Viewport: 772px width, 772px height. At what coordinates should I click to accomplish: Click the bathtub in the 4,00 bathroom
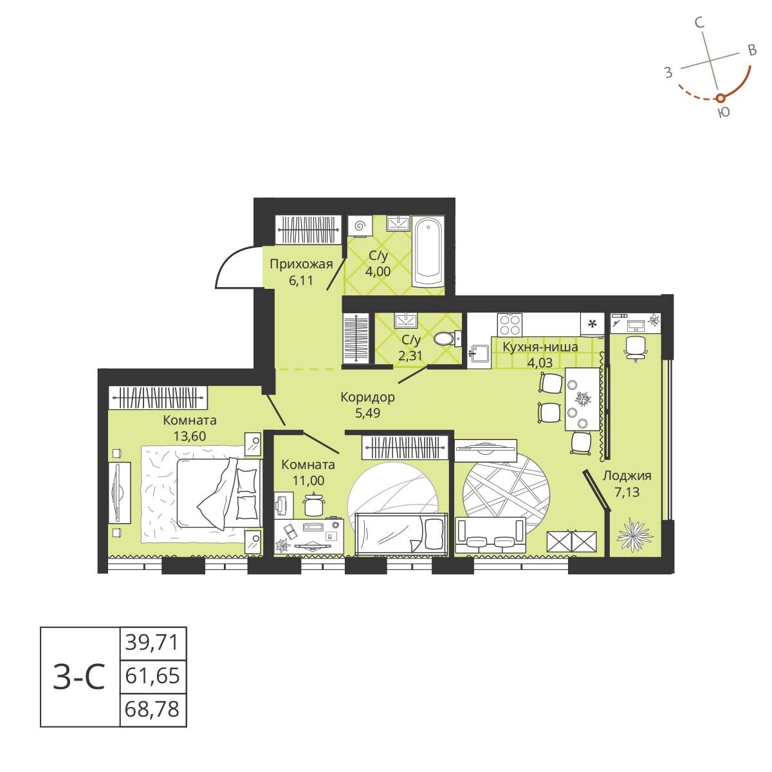click(428, 255)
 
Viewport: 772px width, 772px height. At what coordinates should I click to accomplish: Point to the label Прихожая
click(300, 264)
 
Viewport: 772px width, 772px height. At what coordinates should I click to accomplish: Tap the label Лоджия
click(627, 476)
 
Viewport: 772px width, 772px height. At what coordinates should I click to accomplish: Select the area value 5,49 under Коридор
click(367, 413)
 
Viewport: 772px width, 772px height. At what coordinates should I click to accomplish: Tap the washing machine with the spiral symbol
click(360, 226)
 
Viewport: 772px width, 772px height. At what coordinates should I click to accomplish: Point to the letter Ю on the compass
click(723, 113)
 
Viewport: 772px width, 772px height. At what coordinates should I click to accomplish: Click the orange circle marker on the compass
click(721, 98)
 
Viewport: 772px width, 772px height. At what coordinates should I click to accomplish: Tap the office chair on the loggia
click(635, 346)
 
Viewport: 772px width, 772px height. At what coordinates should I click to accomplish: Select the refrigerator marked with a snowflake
click(593, 324)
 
